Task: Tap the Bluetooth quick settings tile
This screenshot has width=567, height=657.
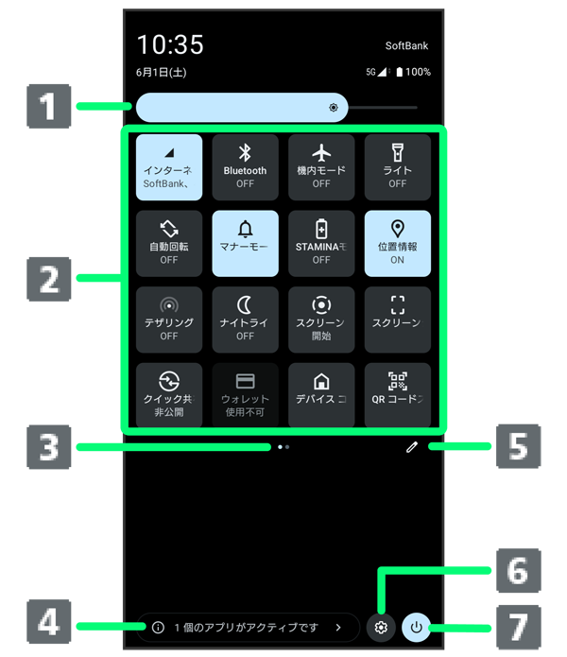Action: coord(245,166)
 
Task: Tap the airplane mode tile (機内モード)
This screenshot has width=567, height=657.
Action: coord(321,166)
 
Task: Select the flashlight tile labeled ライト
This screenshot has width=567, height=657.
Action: coord(397,166)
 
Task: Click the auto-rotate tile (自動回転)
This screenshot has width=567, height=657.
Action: coord(169,243)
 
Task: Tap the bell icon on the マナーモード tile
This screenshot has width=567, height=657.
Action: coord(246,228)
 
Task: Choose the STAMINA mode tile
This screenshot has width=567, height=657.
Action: coord(321,243)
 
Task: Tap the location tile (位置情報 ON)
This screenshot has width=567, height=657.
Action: coord(397,243)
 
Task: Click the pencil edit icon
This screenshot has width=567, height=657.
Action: coord(412,447)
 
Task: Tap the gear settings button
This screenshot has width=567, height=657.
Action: coord(381,627)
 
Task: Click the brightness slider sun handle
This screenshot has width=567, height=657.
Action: coord(334,108)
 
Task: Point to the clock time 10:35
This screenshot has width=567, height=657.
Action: coord(170,44)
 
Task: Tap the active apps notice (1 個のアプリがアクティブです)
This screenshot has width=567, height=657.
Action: coord(248,627)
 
